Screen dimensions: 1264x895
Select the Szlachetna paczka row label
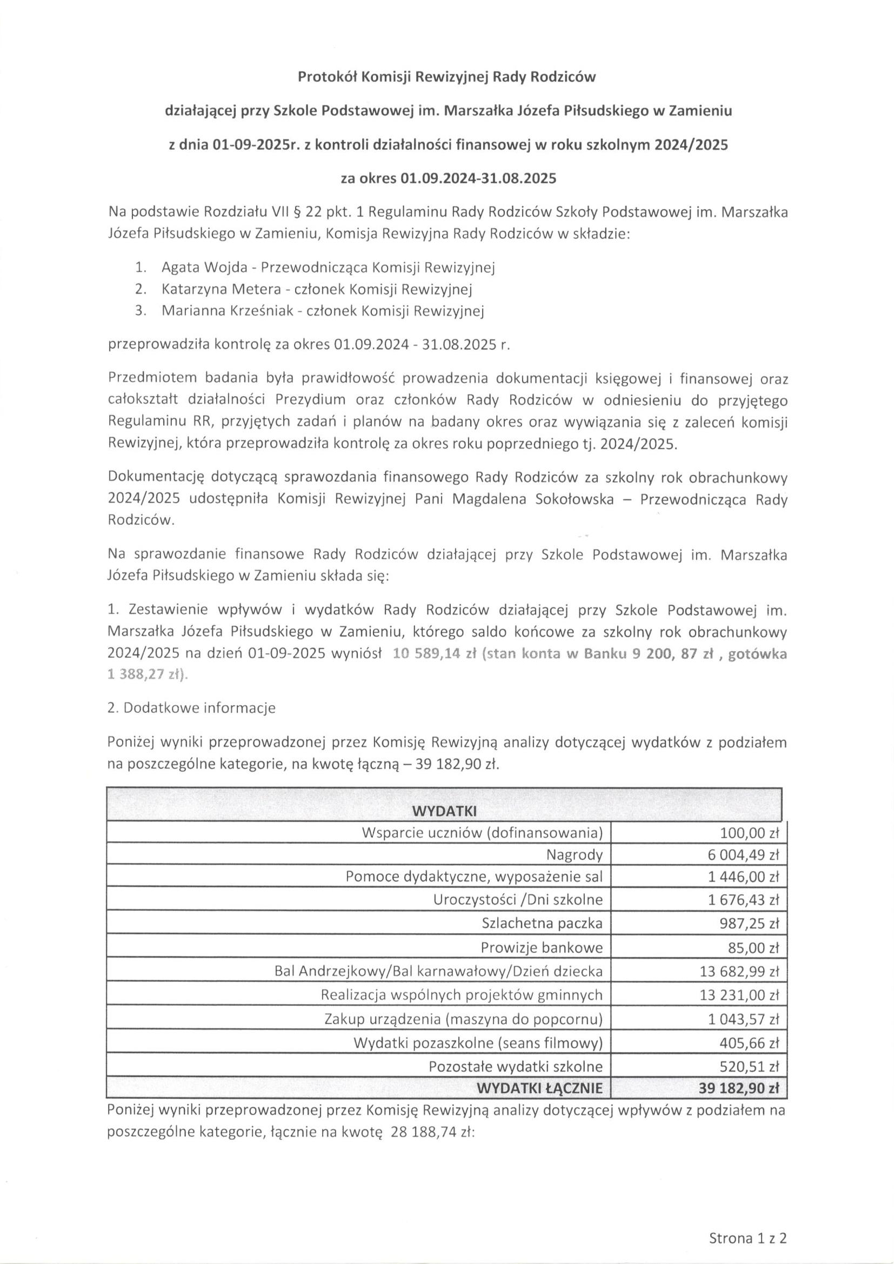coord(542,923)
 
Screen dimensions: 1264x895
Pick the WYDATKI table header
coord(444,812)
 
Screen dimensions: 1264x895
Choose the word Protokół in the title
coord(327,77)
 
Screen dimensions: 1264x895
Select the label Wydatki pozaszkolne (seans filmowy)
coord(478,1042)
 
